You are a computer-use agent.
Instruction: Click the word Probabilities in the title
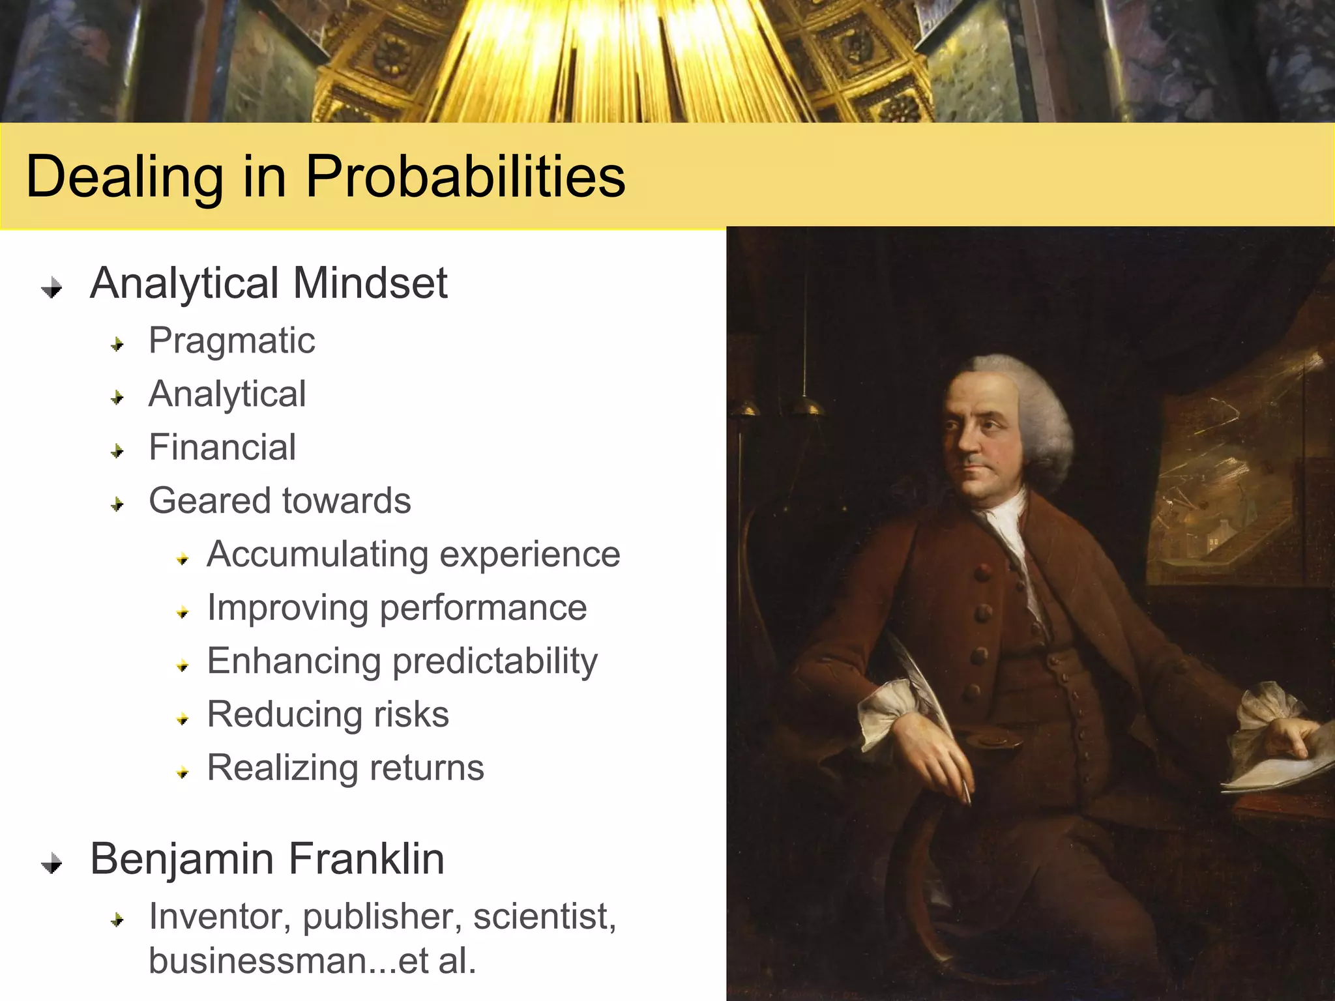point(465,176)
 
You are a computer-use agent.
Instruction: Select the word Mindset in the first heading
point(370,283)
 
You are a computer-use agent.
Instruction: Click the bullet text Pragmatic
point(231,341)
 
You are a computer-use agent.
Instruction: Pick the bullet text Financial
point(222,448)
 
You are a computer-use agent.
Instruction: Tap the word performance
point(483,608)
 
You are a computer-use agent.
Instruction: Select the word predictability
point(495,661)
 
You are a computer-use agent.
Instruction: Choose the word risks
point(411,714)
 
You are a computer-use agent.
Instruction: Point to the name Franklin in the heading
point(366,859)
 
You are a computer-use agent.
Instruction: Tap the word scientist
point(544,916)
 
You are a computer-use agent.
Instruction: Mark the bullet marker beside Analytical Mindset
point(51,287)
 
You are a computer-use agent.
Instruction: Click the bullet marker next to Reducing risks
point(183,718)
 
